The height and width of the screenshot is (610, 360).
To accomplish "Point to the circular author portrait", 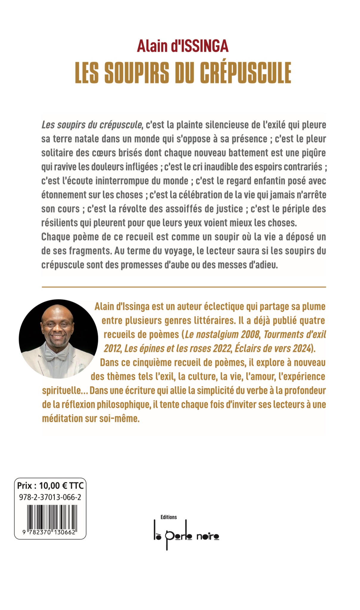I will (x=58, y=339).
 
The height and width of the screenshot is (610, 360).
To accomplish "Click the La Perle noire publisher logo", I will (x=186, y=536).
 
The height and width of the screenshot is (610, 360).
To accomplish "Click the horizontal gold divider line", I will (x=184, y=287).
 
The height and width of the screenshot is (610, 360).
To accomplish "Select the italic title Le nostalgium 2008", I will (x=222, y=334).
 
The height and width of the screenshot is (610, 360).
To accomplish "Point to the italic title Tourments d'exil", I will (x=294, y=334).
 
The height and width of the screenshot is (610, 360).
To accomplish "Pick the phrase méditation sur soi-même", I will (x=91, y=418).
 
